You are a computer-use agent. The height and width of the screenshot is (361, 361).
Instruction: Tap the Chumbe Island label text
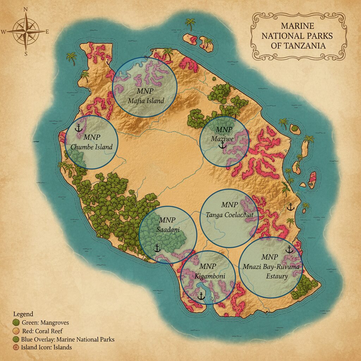[92, 147]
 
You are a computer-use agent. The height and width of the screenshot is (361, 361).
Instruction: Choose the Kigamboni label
[210, 276]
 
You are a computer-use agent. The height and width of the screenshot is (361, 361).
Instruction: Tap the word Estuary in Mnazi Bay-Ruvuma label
[277, 276]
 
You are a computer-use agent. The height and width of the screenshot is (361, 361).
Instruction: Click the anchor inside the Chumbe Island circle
[79, 128]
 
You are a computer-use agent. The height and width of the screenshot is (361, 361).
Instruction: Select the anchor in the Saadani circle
[157, 248]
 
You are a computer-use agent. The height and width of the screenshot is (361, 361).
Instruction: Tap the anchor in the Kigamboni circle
[201, 296]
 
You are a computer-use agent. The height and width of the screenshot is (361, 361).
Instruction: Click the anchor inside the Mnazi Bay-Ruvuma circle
[289, 250]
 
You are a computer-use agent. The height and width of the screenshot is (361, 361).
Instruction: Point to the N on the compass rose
[25, 10]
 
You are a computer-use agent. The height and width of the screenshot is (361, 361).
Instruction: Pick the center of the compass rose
[26, 31]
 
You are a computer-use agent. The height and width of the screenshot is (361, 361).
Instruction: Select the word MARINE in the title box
[298, 26]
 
